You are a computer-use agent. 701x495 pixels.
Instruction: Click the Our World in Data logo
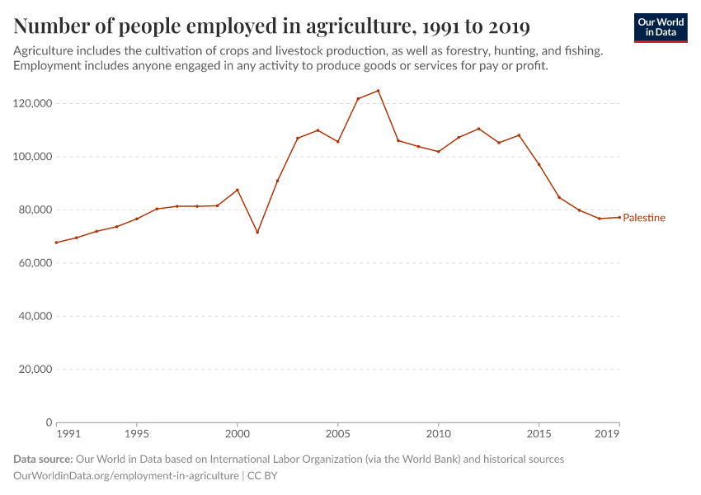point(661,27)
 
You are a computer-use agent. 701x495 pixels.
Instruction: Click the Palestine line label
point(643,218)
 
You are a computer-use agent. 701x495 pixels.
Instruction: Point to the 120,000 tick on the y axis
point(32,103)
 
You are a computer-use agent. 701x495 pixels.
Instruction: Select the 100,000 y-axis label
point(32,157)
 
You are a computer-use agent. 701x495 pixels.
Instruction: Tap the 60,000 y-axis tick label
point(35,263)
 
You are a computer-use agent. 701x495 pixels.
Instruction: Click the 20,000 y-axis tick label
point(35,370)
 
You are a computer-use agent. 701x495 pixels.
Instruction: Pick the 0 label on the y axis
point(49,422)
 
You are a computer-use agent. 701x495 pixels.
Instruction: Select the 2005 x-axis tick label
point(337,433)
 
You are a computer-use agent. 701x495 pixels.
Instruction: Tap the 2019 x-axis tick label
point(608,433)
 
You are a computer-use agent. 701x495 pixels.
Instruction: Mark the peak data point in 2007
point(378,91)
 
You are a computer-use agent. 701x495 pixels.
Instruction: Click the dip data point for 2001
point(257,232)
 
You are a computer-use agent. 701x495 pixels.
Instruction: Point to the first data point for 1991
point(56,243)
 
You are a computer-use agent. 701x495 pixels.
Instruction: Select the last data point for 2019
point(619,217)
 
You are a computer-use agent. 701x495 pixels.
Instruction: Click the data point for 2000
point(238,190)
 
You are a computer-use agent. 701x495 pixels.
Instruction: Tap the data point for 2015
point(539,164)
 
